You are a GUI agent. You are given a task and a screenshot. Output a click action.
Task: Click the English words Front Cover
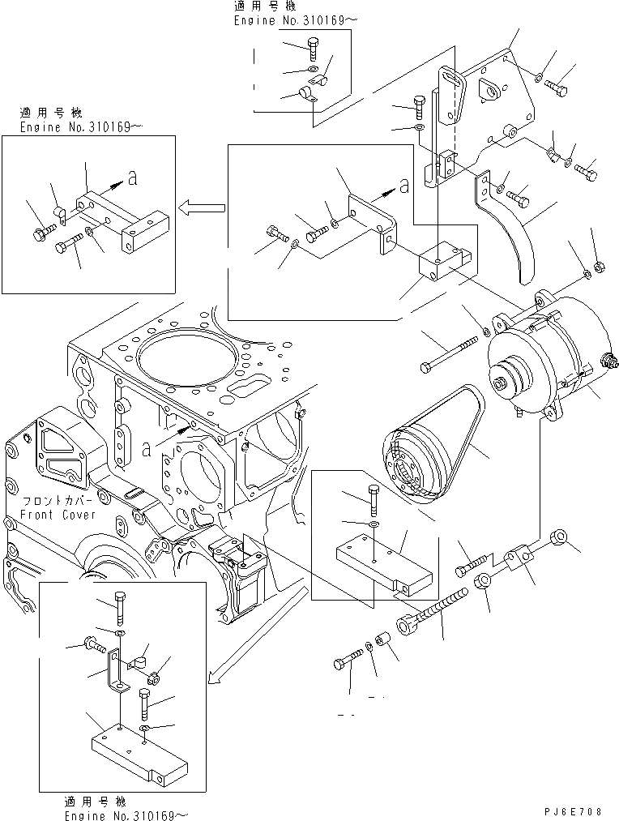coord(61,515)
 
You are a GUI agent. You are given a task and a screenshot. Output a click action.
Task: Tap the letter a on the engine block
coord(147,445)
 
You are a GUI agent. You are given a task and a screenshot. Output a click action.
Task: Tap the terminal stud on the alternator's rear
coord(604,361)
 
